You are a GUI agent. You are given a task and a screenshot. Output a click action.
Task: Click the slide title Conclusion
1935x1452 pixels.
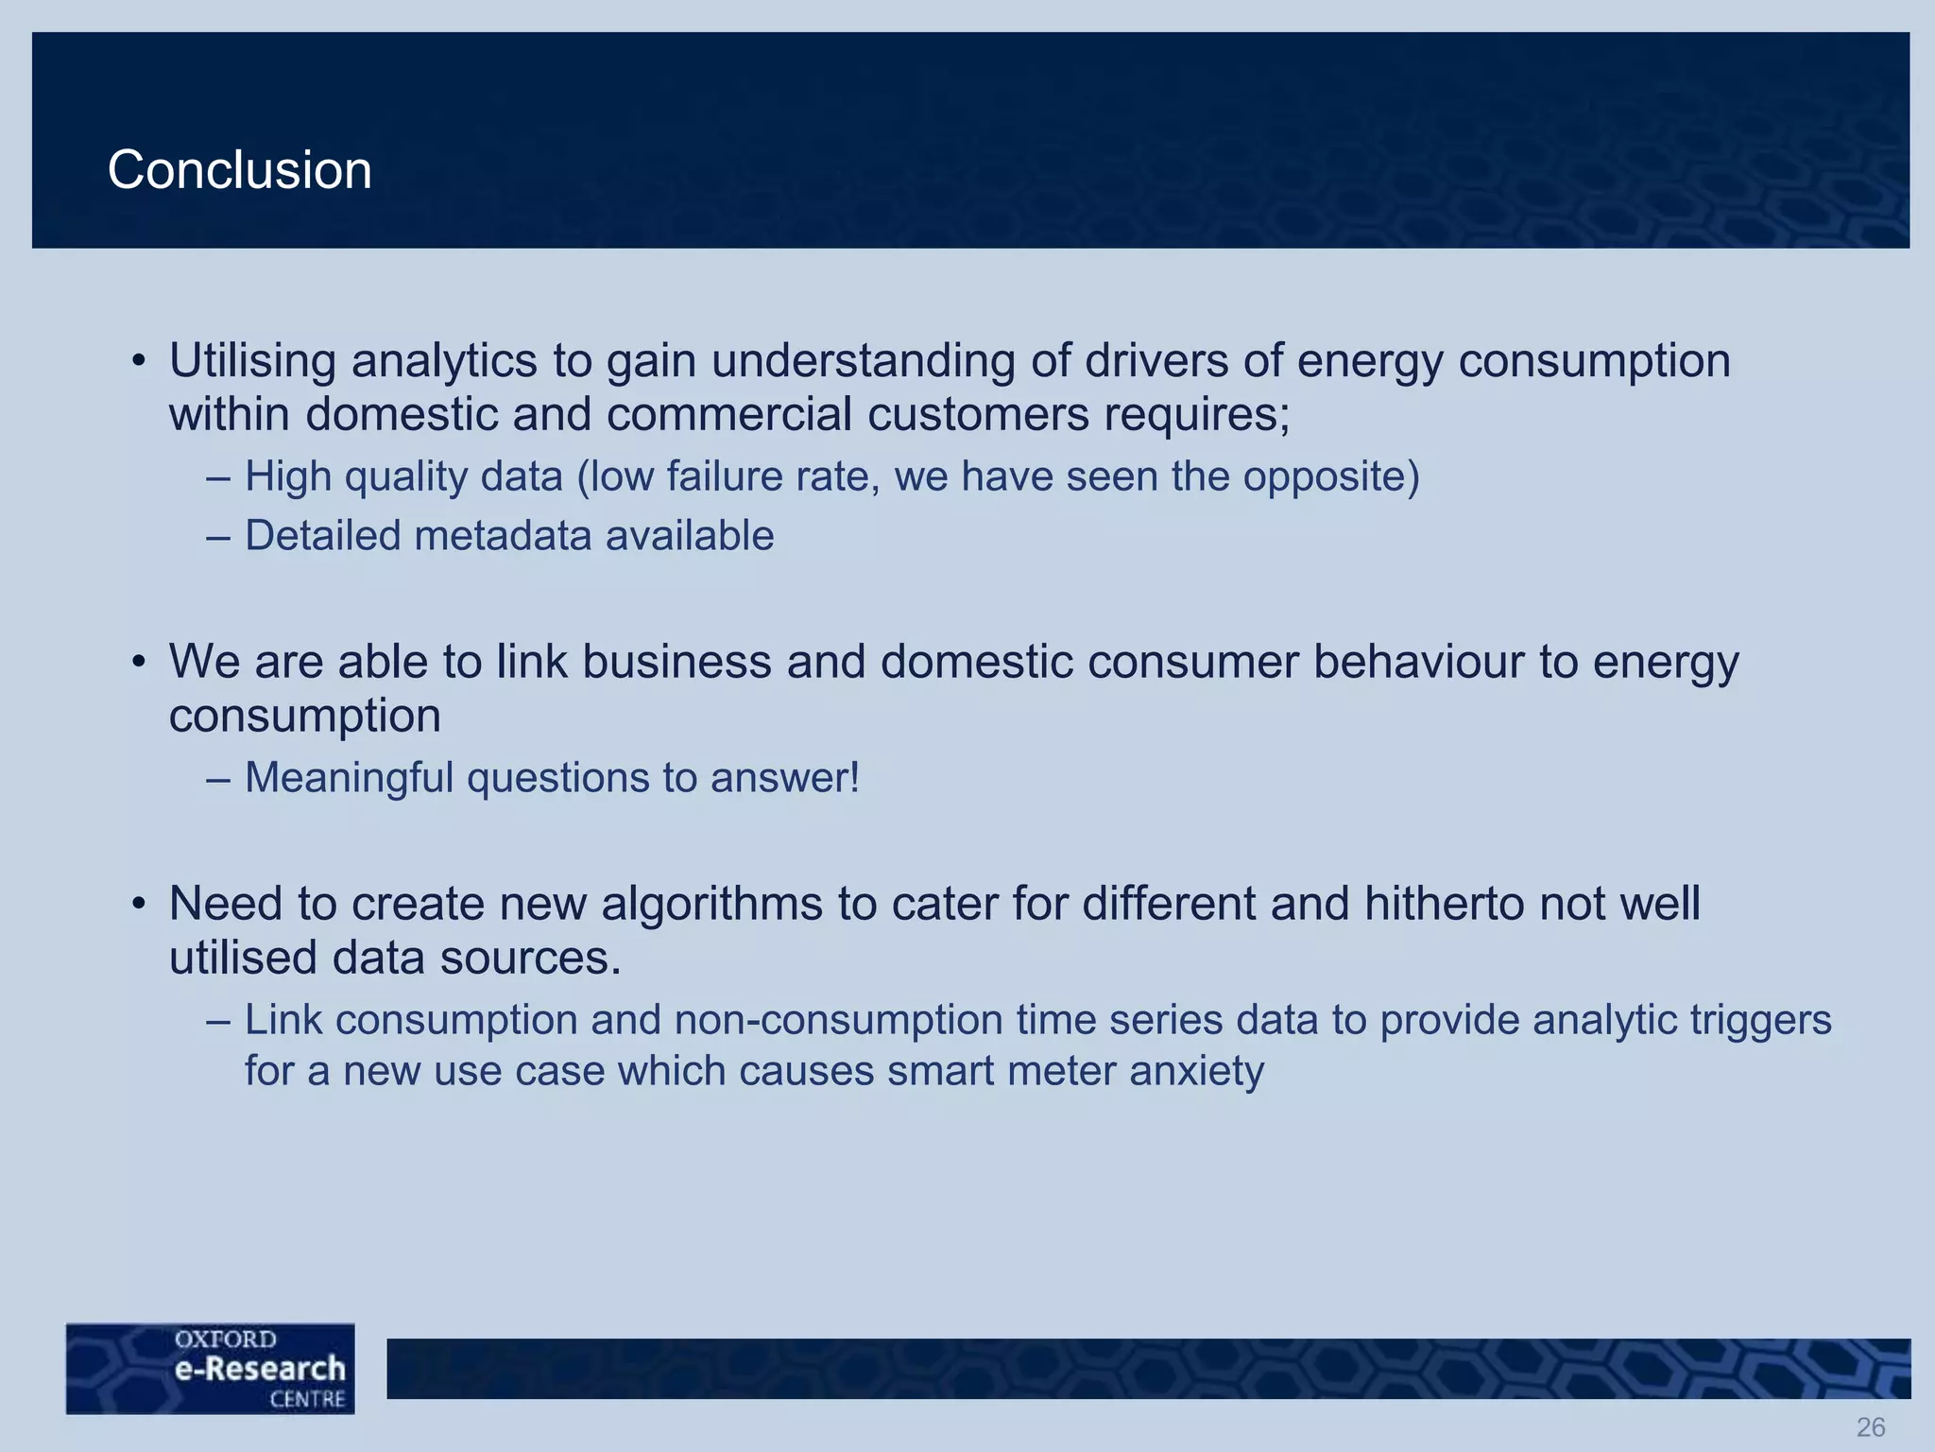pos(240,170)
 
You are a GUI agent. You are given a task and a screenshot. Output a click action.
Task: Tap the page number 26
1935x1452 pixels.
pos(1871,1426)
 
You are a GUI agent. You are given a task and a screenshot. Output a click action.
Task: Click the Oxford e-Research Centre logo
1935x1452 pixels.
pos(211,1368)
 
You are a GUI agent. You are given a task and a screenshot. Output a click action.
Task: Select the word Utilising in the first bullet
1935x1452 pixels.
pos(252,361)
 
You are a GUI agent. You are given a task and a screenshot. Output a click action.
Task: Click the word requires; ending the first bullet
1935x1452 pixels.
pos(1198,415)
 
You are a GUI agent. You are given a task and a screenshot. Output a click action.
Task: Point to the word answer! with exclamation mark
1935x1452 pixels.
pos(785,778)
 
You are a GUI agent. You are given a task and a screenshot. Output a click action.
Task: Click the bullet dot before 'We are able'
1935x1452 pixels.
pos(138,662)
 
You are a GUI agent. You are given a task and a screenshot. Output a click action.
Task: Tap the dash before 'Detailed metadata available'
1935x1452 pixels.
pos(218,537)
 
